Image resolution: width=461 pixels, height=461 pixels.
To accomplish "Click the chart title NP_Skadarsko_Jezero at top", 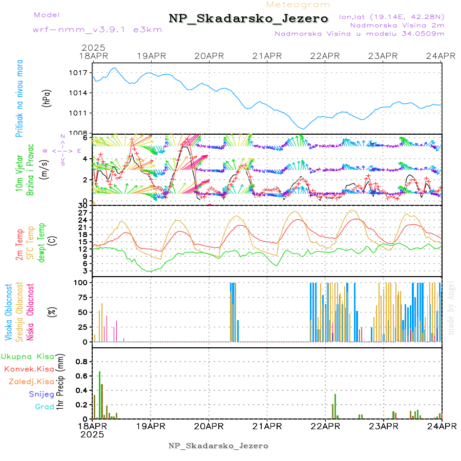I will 248,19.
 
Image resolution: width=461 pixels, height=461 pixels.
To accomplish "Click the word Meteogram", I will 298,5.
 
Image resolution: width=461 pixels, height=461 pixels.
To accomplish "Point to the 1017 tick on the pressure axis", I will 80,73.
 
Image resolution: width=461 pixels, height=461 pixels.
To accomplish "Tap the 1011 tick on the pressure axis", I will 80,113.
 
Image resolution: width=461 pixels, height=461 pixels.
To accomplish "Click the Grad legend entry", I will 45,406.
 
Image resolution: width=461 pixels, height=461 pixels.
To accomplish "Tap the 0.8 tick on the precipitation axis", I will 82,361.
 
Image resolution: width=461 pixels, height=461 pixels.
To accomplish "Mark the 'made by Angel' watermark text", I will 451,307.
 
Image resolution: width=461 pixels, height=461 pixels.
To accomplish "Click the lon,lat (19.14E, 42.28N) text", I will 391,16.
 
